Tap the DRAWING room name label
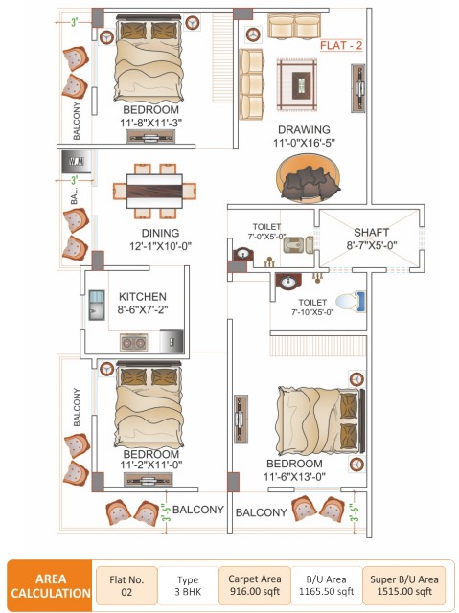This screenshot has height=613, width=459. tap(304, 129)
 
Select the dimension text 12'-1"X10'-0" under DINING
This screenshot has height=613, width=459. tap(142, 245)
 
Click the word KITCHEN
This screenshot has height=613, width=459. tap(143, 296)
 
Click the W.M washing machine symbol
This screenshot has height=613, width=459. tap(76, 161)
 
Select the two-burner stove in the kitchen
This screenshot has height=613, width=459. tap(132, 341)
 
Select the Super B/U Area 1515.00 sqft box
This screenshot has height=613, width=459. tap(402, 584)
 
